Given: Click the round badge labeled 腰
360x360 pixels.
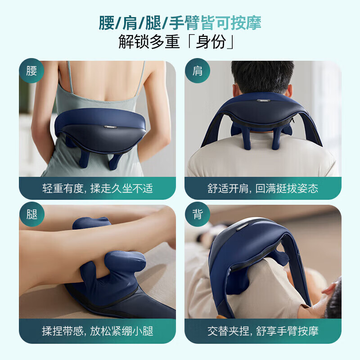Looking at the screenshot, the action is [x=31, y=71].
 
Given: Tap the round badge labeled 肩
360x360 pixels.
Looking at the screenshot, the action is [x=198, y=71].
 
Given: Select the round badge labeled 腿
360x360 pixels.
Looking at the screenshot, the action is [x=31, y=215].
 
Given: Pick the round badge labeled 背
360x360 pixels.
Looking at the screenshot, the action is [x=198, y=215].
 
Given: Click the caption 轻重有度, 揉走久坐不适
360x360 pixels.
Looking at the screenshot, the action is [x=98, y=189].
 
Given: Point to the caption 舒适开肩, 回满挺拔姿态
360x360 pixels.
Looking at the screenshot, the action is [x=263, y=189].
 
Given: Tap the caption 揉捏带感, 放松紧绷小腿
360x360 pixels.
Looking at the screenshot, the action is [x=98, y=331].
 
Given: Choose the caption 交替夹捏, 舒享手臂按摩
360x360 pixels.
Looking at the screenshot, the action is [x=263, y=331].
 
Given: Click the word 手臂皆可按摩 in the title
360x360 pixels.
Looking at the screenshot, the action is [x=216, y=23].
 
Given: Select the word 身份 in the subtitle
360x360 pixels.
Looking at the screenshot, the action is [x=211, y=41].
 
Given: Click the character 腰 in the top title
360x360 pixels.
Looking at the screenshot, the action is [x=107, y=23].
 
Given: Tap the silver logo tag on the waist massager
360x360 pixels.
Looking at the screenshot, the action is [x=110, y=127].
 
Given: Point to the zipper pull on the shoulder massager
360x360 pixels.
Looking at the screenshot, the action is [x=292, y=120].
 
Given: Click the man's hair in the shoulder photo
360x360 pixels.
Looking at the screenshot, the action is [x=262, y=76].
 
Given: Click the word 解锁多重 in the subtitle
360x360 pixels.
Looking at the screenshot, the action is [x=149, y=41].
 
